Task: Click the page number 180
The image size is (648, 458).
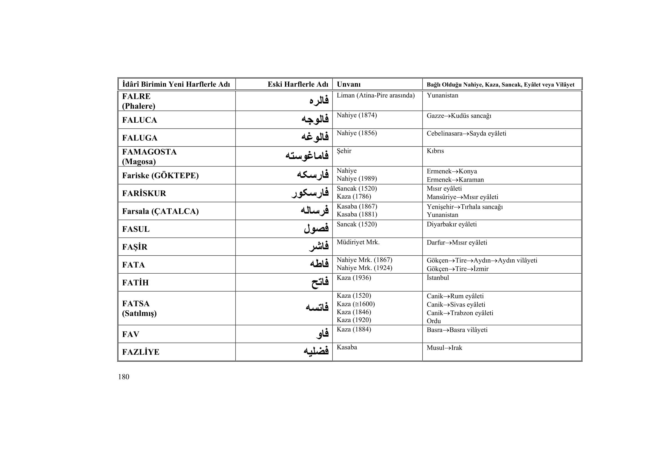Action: tap(124, 377)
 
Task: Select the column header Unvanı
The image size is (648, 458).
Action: tap(349, 84)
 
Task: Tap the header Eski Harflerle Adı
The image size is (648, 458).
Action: tap(298, 84)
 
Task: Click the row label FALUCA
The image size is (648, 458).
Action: tap(139, 120)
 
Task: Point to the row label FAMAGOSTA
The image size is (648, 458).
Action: tap(149, 152)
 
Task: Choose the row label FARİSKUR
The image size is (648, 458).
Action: tap(144, 193)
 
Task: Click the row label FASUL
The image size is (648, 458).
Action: tap(136, 229)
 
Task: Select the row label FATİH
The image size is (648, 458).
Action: tap(135, 283)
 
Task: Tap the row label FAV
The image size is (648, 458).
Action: tap(131, 334)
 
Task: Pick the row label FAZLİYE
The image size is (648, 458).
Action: tap(140, 352)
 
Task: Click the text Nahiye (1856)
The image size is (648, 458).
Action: tap(357, 133)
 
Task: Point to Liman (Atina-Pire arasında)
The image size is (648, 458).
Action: tap(376, 95)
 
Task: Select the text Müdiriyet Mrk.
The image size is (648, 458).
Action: tap(358, 242)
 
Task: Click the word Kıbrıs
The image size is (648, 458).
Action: tap(435, 151)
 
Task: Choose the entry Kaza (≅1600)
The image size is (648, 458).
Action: tap(356, 304)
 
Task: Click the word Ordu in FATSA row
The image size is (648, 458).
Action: tap(434, 321)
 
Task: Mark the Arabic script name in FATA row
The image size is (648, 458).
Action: tap(319, 264)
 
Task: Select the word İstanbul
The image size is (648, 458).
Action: tap(438, 278)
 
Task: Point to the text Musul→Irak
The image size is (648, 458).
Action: tap(444, 348)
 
